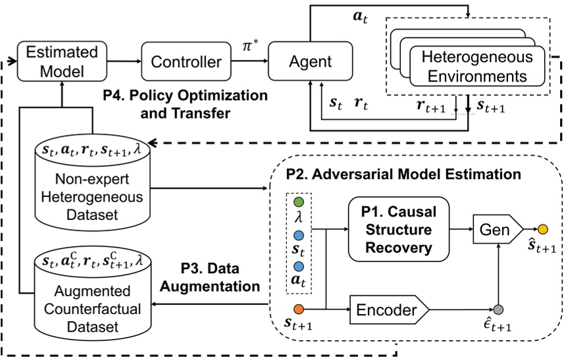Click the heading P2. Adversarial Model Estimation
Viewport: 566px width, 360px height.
click(403, 175)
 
